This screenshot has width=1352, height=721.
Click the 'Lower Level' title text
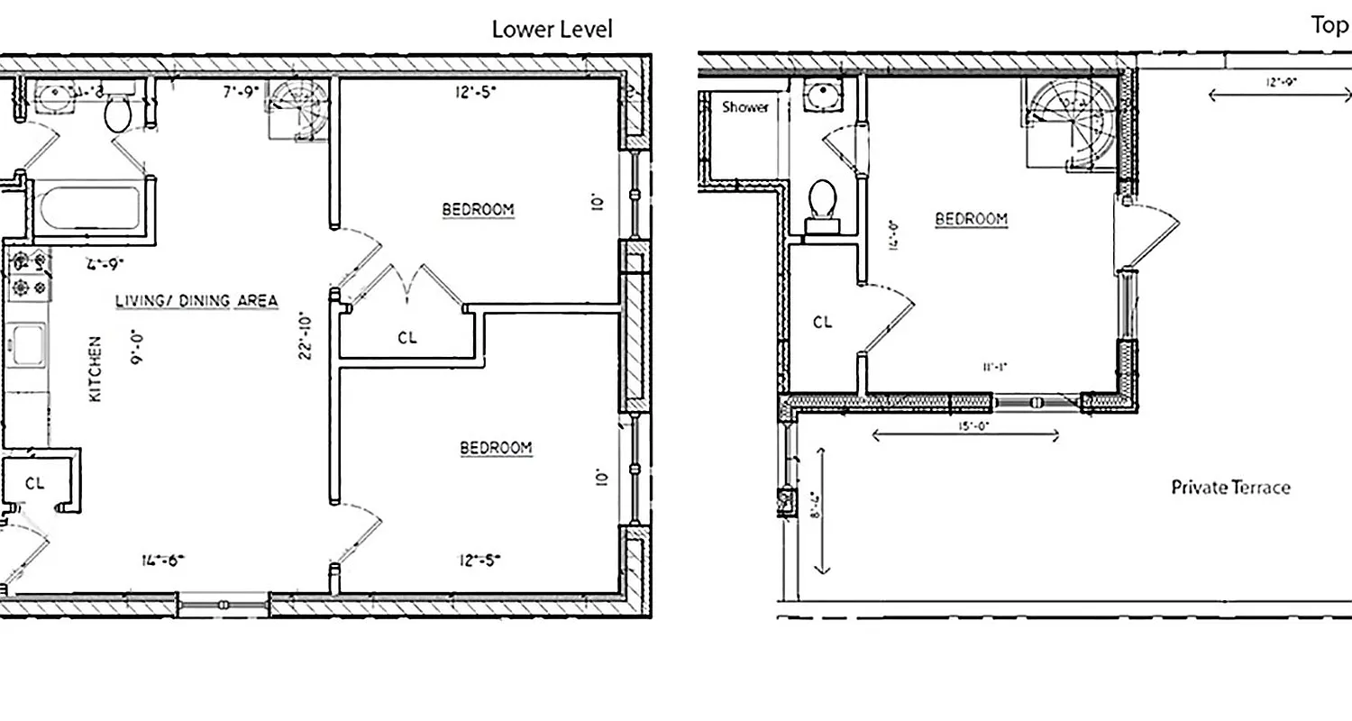552,29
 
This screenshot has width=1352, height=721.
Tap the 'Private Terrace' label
1229,488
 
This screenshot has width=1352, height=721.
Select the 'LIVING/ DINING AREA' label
196,301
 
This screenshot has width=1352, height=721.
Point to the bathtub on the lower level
89,208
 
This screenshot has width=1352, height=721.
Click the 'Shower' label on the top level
745,107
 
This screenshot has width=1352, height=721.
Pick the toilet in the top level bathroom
821,204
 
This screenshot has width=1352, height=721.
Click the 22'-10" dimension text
306,335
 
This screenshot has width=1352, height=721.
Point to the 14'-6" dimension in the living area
163,560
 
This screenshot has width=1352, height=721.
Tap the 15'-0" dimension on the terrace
965,426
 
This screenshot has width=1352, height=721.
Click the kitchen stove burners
28,275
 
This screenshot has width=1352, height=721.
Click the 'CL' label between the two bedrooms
407,338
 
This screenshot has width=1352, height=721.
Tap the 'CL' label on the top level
822,323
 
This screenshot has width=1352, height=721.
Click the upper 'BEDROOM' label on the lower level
478,210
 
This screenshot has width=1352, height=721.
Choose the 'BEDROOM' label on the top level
971,219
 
